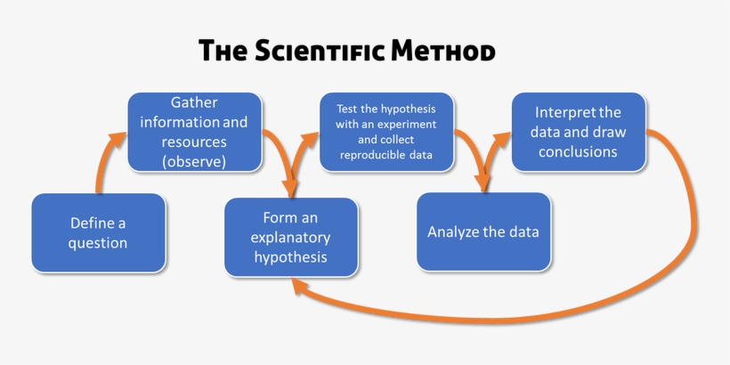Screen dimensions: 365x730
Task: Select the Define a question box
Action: click(98, 232)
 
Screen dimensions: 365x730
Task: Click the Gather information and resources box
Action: click(194, 132)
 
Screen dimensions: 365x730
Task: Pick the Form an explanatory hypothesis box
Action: click(290, 237)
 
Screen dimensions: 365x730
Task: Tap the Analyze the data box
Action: click(483, 232)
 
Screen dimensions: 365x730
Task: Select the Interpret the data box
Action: click(578, 132)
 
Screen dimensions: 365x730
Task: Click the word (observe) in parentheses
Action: click(194, 162)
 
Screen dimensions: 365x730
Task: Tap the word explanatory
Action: click(290, 238)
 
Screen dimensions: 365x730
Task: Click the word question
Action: click(98, 243)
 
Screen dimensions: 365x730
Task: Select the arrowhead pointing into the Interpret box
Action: click(503, 134)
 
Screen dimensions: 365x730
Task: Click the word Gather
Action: click(194, 102)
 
